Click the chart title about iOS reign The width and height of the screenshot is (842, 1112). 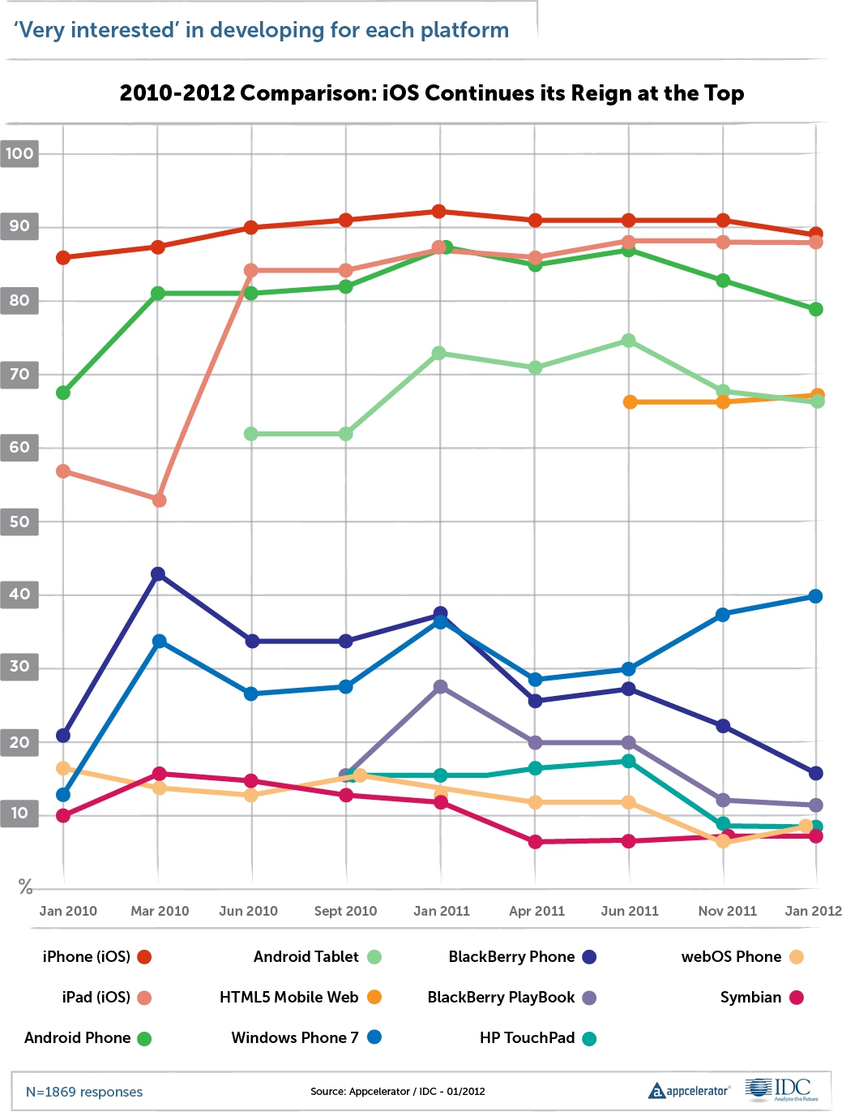point(431,93)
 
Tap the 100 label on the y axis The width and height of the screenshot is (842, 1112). point(19,153)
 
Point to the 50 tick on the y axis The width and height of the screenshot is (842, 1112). point(19,522)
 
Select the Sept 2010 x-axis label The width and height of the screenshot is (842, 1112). point(345,911)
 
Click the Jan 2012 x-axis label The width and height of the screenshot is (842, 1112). point(812,911)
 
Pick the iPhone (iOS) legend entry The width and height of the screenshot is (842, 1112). point(96,957)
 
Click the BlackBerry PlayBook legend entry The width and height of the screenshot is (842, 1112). point(511,998)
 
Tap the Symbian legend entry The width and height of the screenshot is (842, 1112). point(761,998)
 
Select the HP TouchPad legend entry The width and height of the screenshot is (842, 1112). point(537,1038)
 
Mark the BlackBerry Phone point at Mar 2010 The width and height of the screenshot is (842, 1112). point(159,574)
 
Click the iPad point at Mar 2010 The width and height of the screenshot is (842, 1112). point(159,500)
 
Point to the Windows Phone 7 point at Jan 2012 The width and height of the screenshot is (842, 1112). point(815,596)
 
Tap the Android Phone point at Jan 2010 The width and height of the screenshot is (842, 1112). point(62,393)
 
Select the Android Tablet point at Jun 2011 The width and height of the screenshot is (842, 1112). point(628,341)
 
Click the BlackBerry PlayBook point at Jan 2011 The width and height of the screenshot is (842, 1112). point(440,687)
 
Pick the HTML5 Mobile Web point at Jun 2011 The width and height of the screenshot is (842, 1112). point(630,402)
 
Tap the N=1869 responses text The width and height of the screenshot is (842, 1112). point(84,1092)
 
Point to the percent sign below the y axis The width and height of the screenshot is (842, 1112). point(25,887)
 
